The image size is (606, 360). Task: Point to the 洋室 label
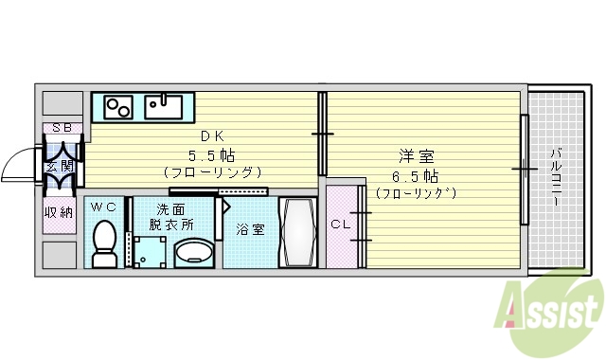[417, 157]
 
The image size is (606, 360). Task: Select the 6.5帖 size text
[417, 176]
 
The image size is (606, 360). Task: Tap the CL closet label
[340, 225]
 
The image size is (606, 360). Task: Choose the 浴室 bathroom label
[249, 228]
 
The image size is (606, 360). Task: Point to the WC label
[103, 206]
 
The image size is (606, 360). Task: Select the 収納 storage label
[59, 212]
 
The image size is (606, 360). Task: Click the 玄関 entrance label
[59, 166]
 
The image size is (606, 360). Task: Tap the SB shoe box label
[61, 128]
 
